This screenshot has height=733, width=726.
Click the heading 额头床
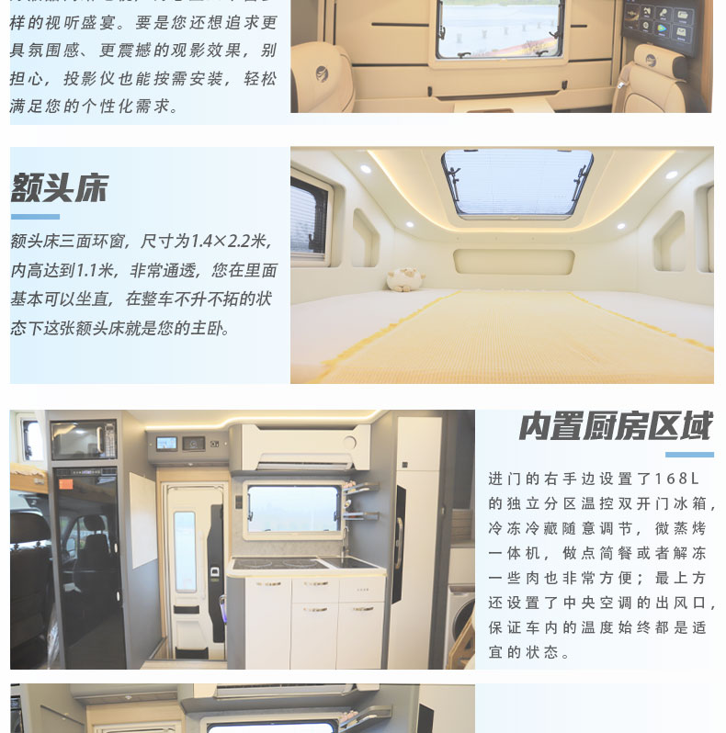pos(59,188)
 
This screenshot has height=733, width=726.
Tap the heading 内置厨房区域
pos(615,426)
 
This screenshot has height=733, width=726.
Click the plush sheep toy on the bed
pos(404,279)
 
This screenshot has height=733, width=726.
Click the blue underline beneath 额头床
pos(35,217)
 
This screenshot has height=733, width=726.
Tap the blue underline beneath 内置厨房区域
pos(689,454)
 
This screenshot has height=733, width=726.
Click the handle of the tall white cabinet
pos(399,542)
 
